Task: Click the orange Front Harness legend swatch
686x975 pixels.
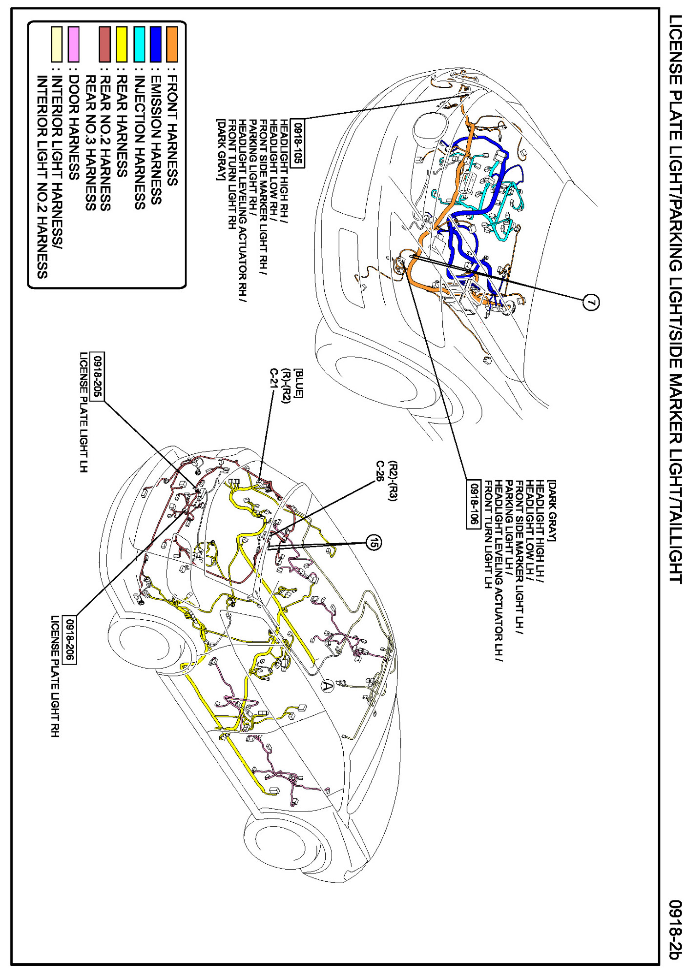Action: pyautogui.click(x=171, y=44)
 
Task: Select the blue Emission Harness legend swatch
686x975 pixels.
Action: pyautogui.click(x=155, y=44)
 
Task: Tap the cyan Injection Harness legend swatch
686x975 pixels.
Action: pyautogui.click(x=139, y=44)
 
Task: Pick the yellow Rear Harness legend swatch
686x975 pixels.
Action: pyautogui.click(x=121, y=44)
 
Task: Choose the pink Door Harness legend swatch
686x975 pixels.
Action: pyautogui.click(x=73, y=44)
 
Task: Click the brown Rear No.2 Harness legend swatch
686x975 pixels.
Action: pyautogui.click(x=104, y=44)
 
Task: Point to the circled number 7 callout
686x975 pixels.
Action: pyautogui.click(x=591, y=303)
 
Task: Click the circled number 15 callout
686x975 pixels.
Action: pyautogui.click(x=374, y=542)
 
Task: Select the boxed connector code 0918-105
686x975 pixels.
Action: pyautogui.click(x=297, y=142)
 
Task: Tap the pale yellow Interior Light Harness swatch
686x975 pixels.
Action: pyautogui.click(x=57, y=44)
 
